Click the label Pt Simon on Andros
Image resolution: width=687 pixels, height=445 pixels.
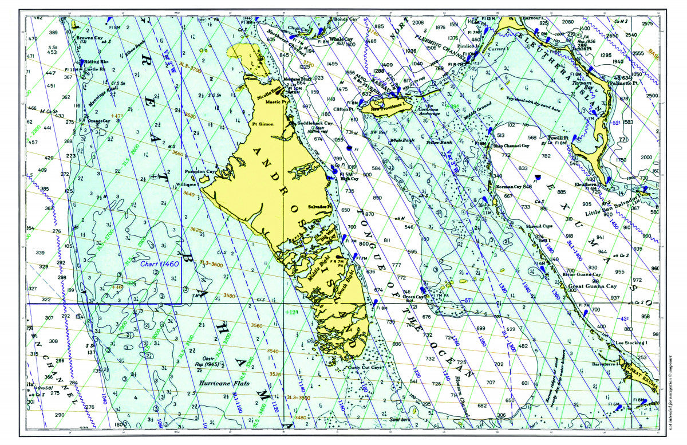coord(262,124)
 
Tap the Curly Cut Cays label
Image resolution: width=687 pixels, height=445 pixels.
coord(365,368)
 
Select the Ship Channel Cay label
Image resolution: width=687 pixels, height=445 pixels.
coord(511,145)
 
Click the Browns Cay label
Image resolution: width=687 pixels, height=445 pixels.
coord(89,38)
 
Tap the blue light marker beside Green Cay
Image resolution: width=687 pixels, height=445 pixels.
coord(423,290)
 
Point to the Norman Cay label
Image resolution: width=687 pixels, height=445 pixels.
coord(508,187)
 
